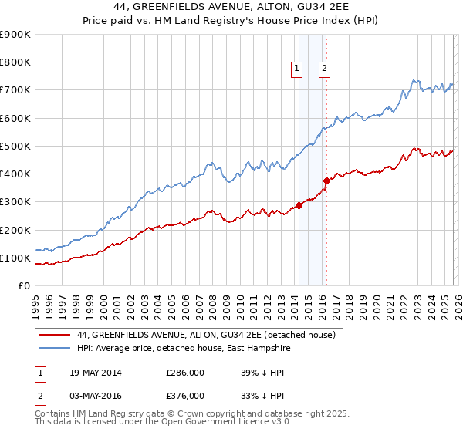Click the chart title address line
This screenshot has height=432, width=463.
click(231, 6)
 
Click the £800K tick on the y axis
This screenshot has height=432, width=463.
click(15, 62)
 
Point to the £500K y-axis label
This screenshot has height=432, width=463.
click(15, 146)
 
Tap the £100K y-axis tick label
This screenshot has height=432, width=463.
click(15, 258)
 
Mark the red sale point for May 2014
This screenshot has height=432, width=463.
click(299, 205)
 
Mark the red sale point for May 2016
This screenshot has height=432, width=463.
click(326, 181)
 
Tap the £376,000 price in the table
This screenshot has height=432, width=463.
click(185, 395)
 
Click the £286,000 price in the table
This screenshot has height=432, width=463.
click(185, 373)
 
